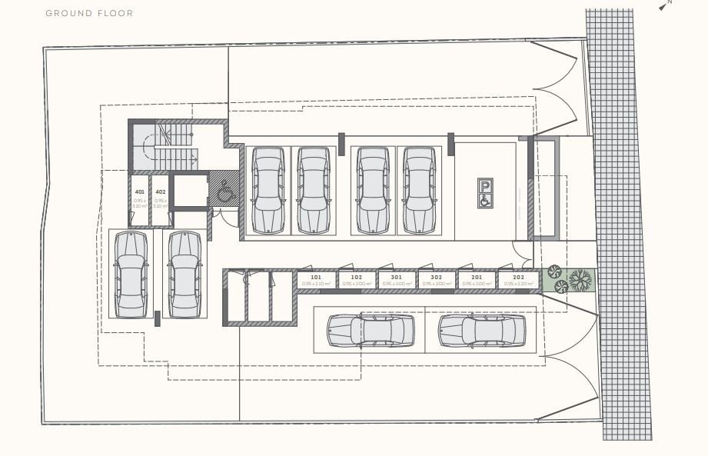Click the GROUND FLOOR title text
(89, 14)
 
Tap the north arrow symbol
(664, 6)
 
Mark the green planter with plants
(569, 279)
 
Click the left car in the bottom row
(371, 330)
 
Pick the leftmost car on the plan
(131, 274)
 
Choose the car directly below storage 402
(184, 274)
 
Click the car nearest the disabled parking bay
(420, 190)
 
